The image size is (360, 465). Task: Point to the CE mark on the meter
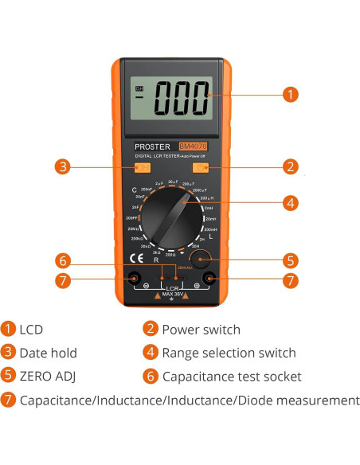pyautogui.click(x=136, y=259)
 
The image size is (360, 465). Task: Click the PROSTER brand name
pyautogui.click(x=153, y=147)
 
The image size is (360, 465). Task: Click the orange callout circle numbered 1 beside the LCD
pyautogui.click(x=292, y=94)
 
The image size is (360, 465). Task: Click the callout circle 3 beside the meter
pyautogui.click(x=62, y=167)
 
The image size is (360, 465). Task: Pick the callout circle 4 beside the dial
pyautogui.click(x=292, y=202)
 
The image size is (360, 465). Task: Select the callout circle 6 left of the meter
pyautogui.click(x=62, y=260)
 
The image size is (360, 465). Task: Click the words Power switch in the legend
pyautogui.click(x=201, y=329)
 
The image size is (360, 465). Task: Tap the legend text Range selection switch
pyautogui.click(x=229, y=353)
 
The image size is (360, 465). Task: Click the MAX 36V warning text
pyautogui.click(x=173, y=295)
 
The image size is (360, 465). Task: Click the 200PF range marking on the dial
pyautogui.click(x=132, y=217)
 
